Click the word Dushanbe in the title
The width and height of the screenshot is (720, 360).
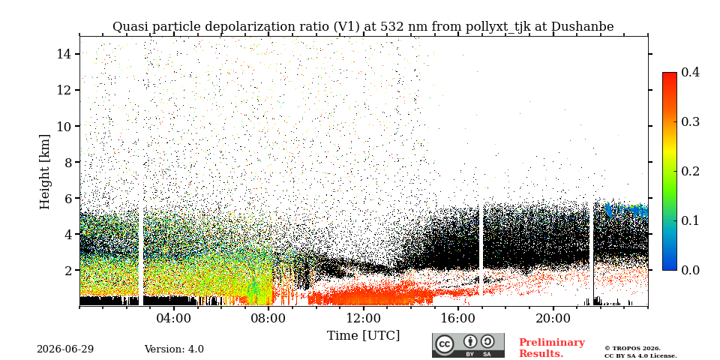(582, 27)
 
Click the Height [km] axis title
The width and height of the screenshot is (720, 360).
(44, 172)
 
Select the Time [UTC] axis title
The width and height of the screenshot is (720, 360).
(363, 336)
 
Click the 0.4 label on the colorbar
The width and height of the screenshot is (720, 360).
(690, 72)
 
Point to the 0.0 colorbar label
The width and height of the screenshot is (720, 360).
(690, 270)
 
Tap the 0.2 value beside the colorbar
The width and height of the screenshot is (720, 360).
(690, 171)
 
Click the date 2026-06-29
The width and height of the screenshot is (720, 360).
(65, 349)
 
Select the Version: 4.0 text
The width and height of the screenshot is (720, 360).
(174, 349)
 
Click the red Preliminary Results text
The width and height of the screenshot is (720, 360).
(552, 348)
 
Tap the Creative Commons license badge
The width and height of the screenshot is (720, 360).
(468, 345)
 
